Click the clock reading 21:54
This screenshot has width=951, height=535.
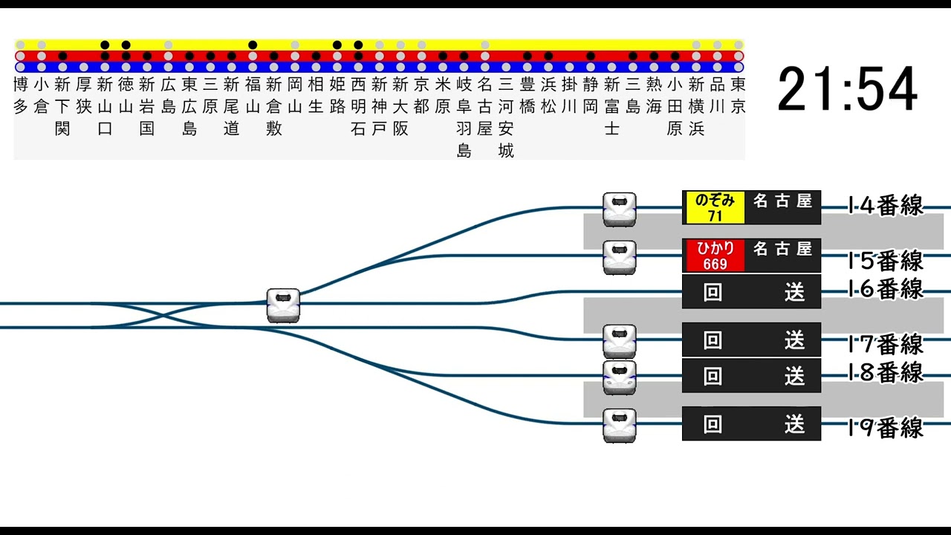(848, 90)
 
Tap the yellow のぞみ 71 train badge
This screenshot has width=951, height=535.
(714, 207)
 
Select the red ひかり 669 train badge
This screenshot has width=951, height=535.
(714, 256)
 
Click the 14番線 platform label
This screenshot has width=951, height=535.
(886, 205)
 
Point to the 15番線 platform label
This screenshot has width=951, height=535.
(886, 260)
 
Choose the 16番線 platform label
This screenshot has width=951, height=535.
(886, 288)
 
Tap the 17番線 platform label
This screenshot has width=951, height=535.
(886, 344)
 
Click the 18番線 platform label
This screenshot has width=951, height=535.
(886, 372)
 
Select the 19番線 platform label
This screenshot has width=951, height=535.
(886, 428)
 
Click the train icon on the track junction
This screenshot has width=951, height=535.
(283, 305)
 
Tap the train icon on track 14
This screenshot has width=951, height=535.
(619, 209)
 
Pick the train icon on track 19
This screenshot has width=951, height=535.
(619, 425)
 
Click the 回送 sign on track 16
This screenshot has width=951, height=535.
(751, 292)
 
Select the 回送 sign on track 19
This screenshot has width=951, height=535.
(751, 424)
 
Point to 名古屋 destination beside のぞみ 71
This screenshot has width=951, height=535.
(782, 201)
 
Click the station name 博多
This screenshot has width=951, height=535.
(20, 95)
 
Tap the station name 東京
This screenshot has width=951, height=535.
(738, 95)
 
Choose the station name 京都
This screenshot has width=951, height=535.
(421, 95)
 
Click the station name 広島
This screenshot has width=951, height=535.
(169, 95)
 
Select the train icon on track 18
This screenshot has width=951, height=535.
(619, 377)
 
